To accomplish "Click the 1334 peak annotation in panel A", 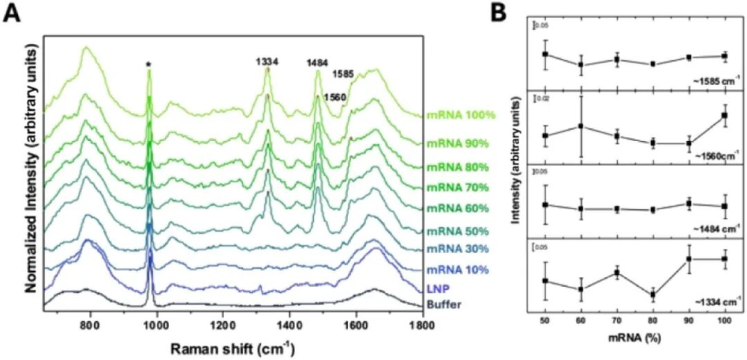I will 267,63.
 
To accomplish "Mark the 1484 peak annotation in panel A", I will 319,63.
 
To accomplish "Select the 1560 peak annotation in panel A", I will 334,97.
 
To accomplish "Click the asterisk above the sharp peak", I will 149,65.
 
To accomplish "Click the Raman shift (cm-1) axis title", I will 255,347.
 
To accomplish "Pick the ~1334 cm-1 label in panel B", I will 714,301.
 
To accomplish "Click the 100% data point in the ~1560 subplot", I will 725,115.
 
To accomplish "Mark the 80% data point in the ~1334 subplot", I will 653,294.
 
